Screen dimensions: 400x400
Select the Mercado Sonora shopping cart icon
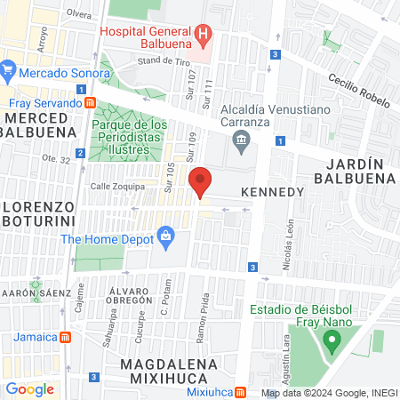(8, 69)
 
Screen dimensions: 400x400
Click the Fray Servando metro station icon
(91, 102)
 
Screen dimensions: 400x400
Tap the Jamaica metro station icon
(65, 338)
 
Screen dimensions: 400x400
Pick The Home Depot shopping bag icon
(164, 237)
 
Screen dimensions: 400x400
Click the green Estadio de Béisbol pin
(332, 340)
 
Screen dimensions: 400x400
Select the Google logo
(29, 388)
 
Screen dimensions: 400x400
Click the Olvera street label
(79, 14)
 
